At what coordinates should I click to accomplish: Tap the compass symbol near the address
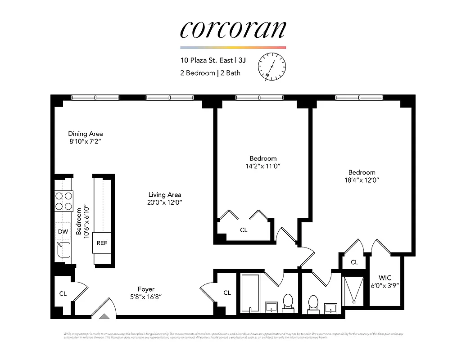pos(271,66)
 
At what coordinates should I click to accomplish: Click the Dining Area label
pos(86,134)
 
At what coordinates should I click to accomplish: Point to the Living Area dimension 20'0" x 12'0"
pos(165,202)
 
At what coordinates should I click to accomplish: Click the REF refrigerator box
pos(102,243)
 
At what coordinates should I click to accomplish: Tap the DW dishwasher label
pos(63,232)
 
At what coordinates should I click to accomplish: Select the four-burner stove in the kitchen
pos(63,201)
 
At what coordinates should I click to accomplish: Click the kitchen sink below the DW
pos(63,250)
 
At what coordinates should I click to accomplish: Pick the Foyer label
pos(146,289)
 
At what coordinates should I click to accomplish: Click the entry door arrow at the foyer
pos(104,316)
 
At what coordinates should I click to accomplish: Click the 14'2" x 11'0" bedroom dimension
pos(263,166)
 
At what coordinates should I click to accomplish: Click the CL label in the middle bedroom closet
pos(244,230)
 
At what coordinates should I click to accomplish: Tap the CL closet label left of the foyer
pos(63,293)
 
